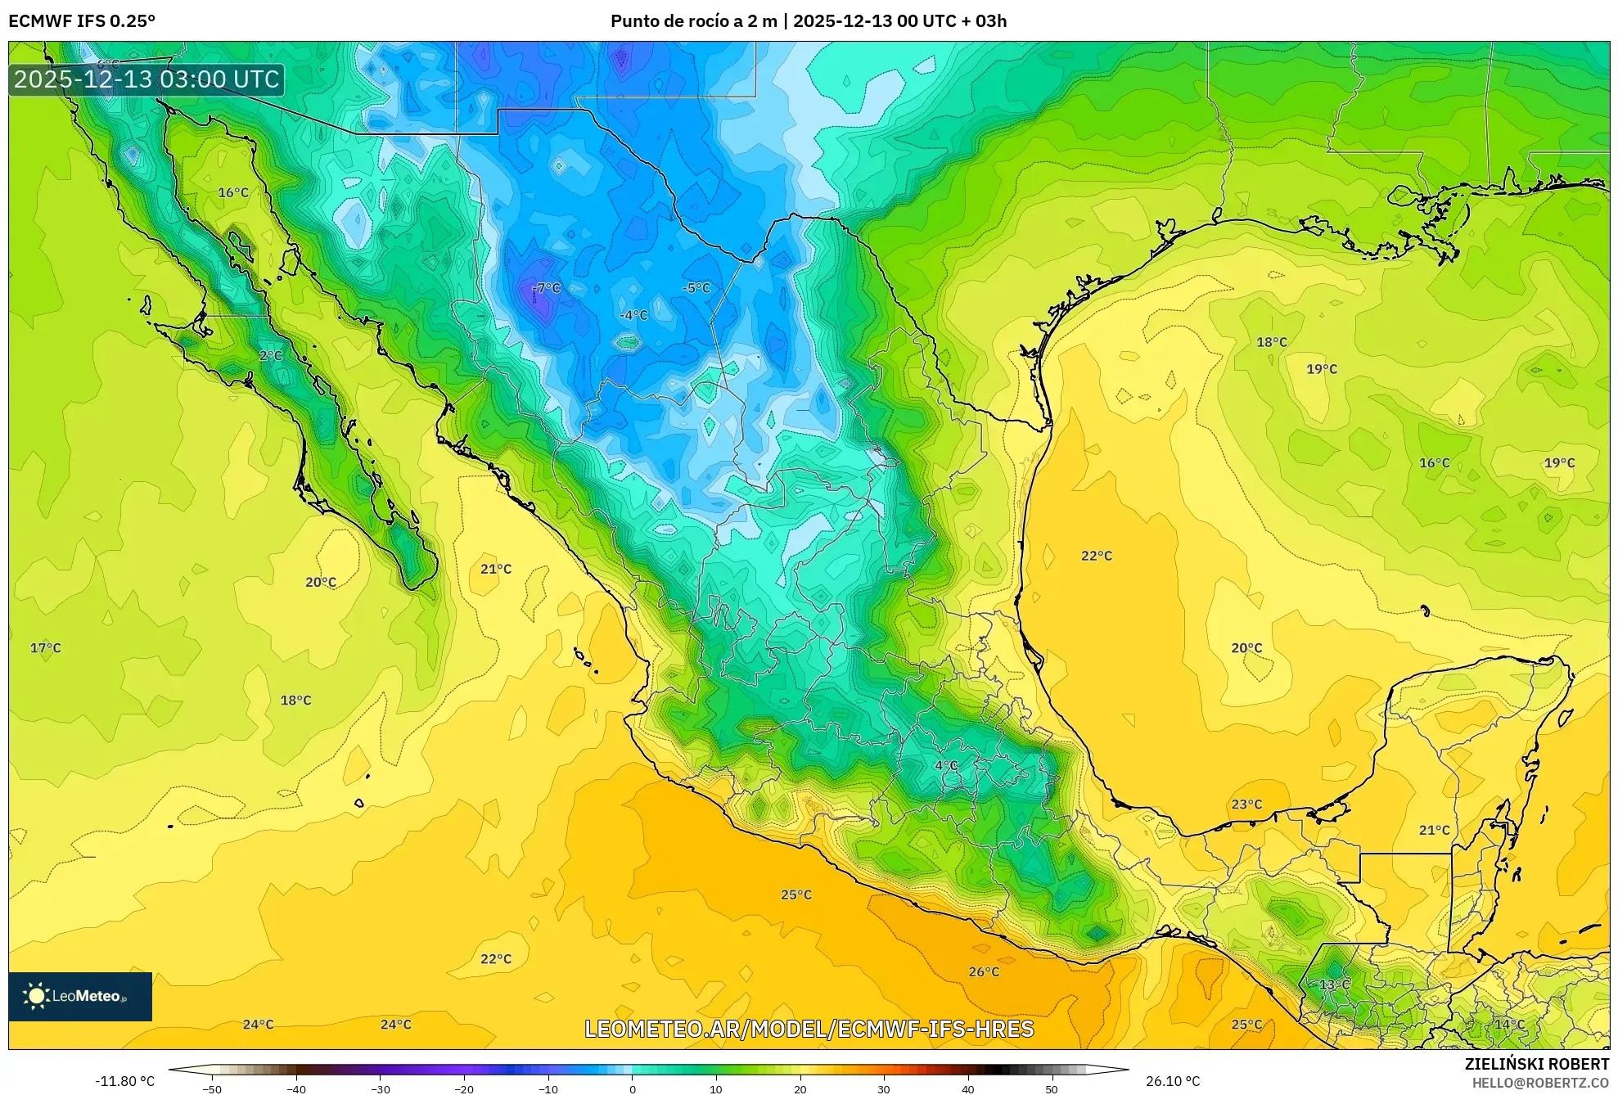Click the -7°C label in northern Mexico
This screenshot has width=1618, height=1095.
pyautogui.click(x=546, y=288)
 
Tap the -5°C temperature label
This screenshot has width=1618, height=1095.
pyautogui.click(x=696, y=288)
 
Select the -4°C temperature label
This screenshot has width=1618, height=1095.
pyautogui.click(x=633, y=315)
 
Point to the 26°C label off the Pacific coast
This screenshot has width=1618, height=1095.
pyautogui.click(x=984, y=971)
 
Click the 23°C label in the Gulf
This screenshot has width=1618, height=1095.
pyautogui.click(x=1246, y=804)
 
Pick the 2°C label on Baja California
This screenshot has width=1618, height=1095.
pyautogui.click(x=271, y=355)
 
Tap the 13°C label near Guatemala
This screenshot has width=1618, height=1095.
pyautogui.click(x=1334, y=984)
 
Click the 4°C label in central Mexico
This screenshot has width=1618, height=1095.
pyautogui.click(x=946, y=765)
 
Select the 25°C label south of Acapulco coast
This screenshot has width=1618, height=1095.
pyautogui.click(x=795, y=894)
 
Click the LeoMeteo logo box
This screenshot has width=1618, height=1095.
pyautogui.click(x=80, y=996)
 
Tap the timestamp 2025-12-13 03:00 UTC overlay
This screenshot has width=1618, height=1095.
pyautogui.click(x=146, y=79)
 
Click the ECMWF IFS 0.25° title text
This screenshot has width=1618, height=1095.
pyautogui.click(x=82, y=20)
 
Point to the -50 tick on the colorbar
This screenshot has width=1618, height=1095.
pyautogui.click(x=212, y=1088)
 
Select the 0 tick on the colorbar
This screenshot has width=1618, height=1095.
pyautogui.click(x=632, y=1088)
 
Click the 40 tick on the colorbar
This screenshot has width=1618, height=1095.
pyautogui.click(x=967, y=1088)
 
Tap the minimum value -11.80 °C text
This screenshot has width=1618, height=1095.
pyautogui.click(x=124, y=1081)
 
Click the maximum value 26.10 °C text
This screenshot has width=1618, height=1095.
pyautogui.click(x=1172, y=1081)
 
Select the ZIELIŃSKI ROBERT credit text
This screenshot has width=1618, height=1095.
pyautogui.click(x=1536, y=1064)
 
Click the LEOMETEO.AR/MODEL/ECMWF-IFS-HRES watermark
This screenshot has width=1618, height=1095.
pyautogui.click(x=809, y=1029)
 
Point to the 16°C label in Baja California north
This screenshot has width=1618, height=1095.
pyautogui.click(x=233, y=192)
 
